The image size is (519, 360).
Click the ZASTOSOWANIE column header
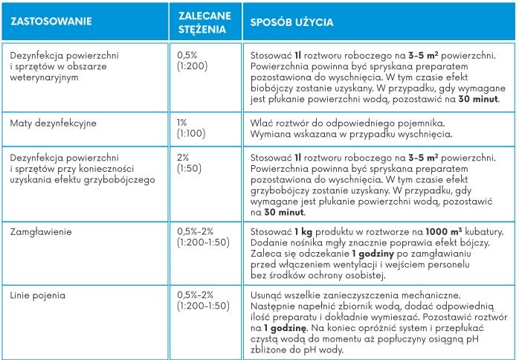[x=45, y=22]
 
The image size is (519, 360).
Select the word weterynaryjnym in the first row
[x=46, y=77]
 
